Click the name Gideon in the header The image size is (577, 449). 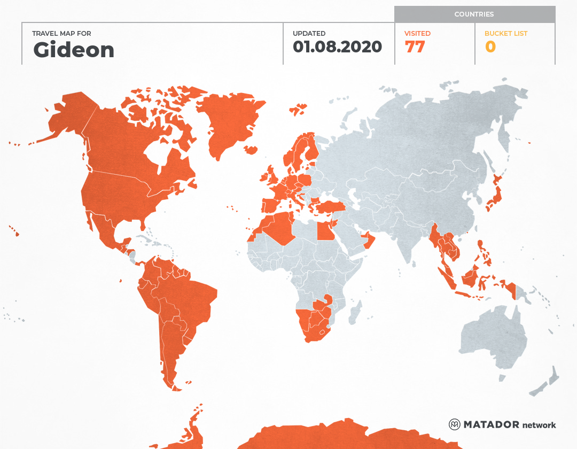[74, 50]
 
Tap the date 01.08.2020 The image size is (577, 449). [337, 47]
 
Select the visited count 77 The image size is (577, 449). [415, 47]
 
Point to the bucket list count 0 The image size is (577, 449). [490, 47]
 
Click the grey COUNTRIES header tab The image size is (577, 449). [474, 14]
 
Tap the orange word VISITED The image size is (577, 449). [417, 33]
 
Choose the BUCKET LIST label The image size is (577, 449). [505, 33]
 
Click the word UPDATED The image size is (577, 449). [309, 33]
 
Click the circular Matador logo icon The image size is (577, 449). [455, 424]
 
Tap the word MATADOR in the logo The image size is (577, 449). [491, 424]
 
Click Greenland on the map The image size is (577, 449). [227, 123]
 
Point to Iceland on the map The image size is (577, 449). [298, 110]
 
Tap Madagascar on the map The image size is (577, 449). [354, 313]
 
